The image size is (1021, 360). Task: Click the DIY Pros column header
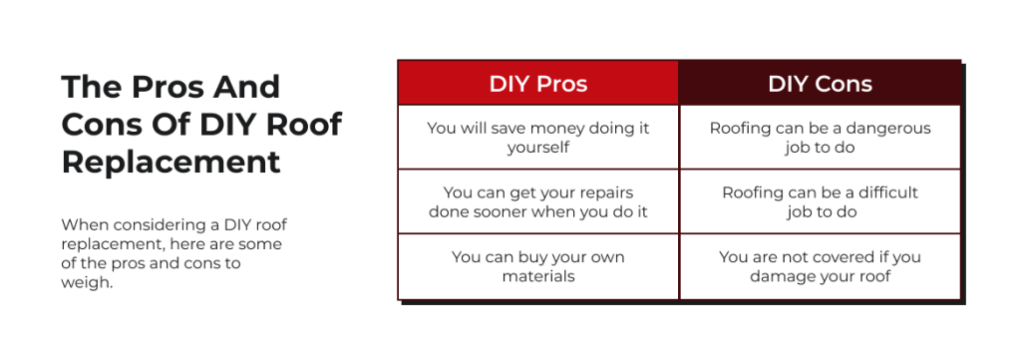(x=537, y=84)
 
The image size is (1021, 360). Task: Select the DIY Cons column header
(x=820, y=84)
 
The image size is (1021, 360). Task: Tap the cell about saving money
(x=537, y=138)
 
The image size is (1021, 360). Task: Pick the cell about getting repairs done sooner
(x=537, y=201)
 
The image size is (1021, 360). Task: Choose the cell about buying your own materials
(x=537, y=266)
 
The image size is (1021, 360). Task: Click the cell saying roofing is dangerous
(x=820, y=138)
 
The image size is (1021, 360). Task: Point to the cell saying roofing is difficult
(x=820, y=201)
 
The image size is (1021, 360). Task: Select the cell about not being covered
(x=820, y=266)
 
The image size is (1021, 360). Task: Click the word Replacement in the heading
(x=170, y=163)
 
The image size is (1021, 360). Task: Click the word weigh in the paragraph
(x=87, y=283)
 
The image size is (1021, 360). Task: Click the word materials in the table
(x=537, y=276)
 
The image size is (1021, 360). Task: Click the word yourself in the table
(x=537, y=148)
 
